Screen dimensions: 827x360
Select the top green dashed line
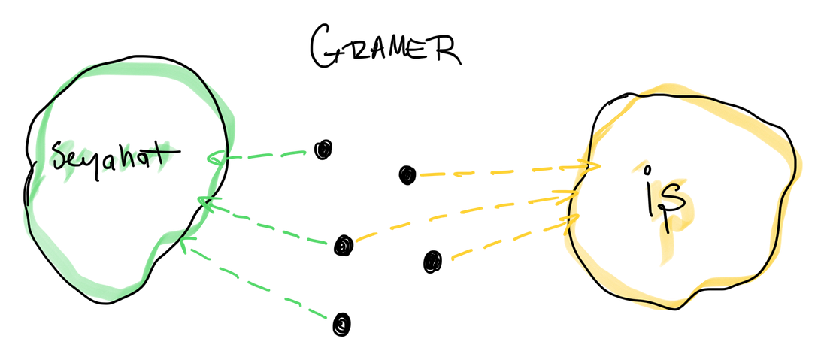coord(263,156)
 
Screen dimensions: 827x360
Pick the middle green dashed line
coord(271,225)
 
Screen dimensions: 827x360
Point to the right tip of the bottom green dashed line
coord(328,316)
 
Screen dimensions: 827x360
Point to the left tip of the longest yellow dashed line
coord(357,242)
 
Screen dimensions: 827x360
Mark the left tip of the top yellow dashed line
coord(421,175)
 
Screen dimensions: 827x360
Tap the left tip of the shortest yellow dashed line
coord(451,259)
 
